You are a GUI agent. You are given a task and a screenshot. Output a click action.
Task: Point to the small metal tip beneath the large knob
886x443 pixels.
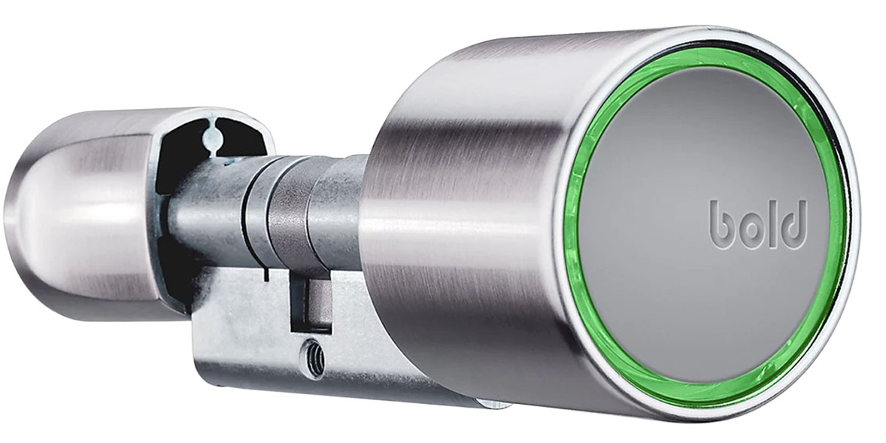point(489,404)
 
